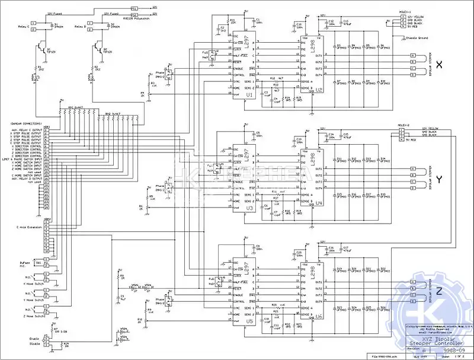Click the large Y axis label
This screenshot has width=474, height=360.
439,179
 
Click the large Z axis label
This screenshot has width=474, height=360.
439,291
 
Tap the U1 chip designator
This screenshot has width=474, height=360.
249,95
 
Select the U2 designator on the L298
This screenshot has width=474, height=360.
319,90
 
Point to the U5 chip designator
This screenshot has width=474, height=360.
249,321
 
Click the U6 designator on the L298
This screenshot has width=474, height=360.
319,318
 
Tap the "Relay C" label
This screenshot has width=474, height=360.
25,27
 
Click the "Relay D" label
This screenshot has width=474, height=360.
81,27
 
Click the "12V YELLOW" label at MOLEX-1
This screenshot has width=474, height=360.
415,17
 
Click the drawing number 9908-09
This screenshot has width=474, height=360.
450,350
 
